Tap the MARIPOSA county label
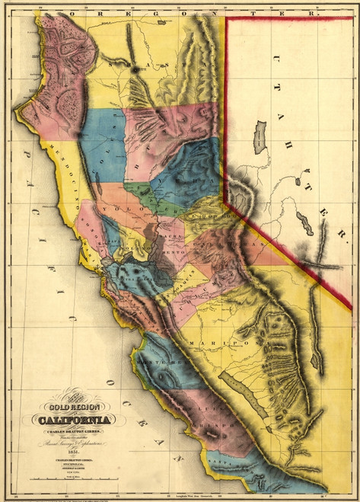[x=227, y=344]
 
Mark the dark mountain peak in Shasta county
[x=135, y=69]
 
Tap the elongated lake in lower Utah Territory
[x=304, y=224]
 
